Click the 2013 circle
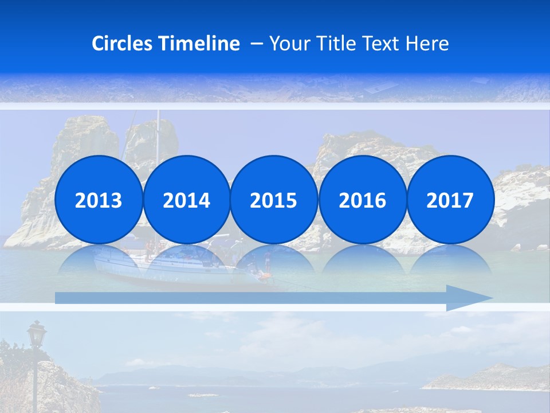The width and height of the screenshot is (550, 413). [99, 200]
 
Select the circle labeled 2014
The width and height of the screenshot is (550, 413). [186, 200]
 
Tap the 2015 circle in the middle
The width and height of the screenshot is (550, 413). [274, 200]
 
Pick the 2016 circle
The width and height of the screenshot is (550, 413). [362, 200]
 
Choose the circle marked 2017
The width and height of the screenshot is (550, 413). [450, 200]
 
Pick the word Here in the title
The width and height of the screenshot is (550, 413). [427, 44]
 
